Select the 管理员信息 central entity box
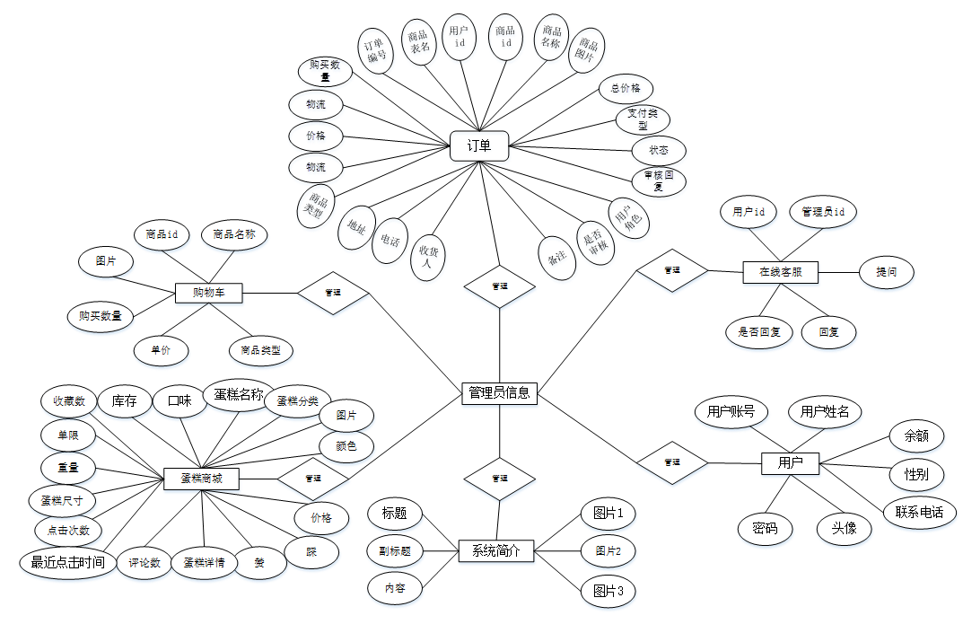coord(499,392)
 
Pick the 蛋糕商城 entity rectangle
coord(202,479)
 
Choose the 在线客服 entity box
coord(781,271)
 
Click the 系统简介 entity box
coord(495,551)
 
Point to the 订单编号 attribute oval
coord(376,48)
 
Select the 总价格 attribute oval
coord(626,88)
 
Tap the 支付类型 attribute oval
coord(643,120)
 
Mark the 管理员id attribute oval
coord(823,213)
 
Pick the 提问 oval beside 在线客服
coord(887,271)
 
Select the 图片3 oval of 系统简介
coord(608,591)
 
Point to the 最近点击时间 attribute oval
coord(68,563)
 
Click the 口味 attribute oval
coord(179,401)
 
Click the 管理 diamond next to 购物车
coord(333,293)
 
